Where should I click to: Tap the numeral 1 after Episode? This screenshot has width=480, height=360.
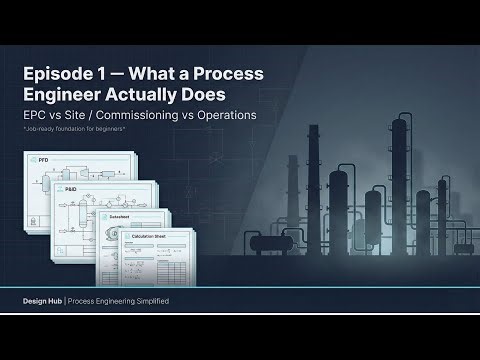tap(102, 76)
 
